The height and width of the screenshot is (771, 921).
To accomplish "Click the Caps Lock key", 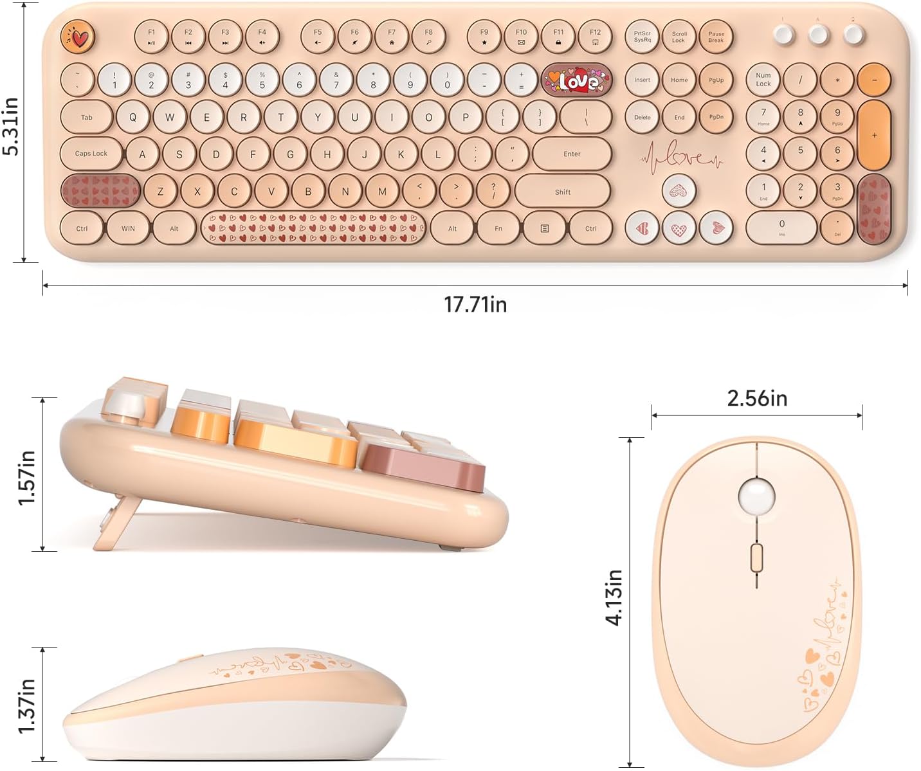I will [91, 154].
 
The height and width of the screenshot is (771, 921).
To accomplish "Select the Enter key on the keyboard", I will [571, 154].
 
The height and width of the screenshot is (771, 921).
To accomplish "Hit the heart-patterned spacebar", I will [313, 228].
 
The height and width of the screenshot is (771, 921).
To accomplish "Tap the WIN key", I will [128, 228].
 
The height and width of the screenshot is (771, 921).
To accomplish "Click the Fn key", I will [498, 228].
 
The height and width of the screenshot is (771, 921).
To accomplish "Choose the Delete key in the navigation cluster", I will [643, 117].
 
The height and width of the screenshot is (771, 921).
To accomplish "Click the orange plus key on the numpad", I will [874, 135].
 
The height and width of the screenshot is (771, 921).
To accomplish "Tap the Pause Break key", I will [716, 37].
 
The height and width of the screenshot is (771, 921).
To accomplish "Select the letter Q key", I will [133, 117].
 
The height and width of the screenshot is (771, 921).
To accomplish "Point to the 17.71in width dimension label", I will [475, 304].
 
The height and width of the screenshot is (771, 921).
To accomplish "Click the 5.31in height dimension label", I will [12, 126].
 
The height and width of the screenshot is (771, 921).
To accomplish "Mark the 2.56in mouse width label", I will [757, 398].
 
